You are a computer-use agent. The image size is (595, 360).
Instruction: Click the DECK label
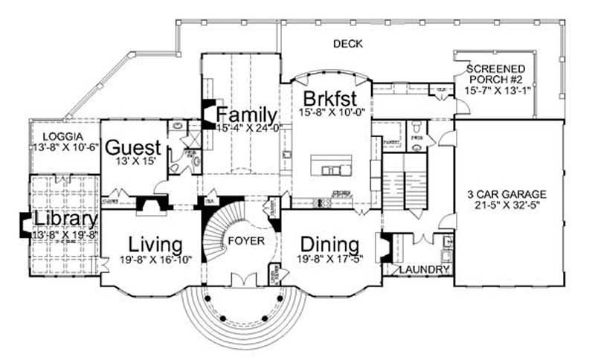click(x=347, y=44)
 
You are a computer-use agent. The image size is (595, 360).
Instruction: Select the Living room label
click(x=155, y=244)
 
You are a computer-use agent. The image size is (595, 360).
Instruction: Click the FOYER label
click(x=245, y=241)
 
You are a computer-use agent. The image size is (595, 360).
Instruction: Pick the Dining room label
click(x=330, y=244)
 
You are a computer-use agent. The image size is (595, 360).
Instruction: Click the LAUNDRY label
click(x=424, y=269)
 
